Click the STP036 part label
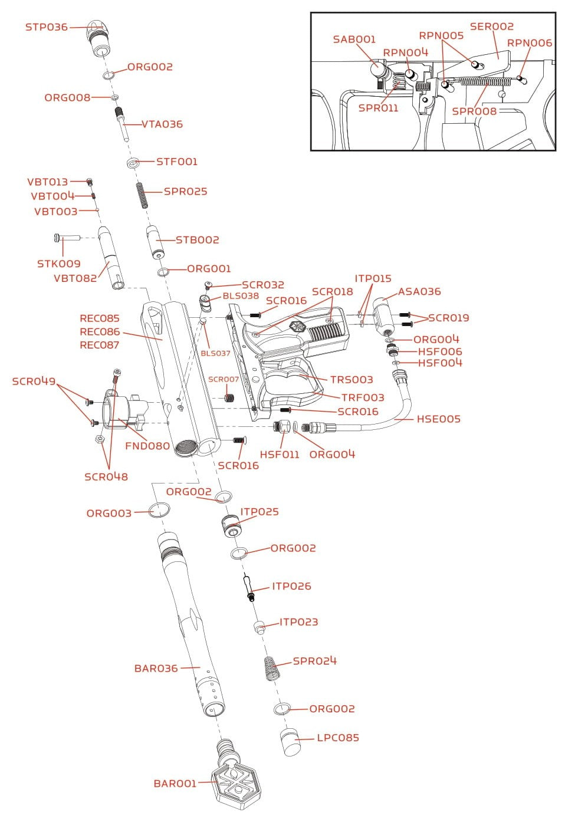click(46, 27)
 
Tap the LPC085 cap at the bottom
click(290, 742)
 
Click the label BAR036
click(156, 669)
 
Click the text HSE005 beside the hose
click(438, 419)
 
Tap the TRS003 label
click(352, 380)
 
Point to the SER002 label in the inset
click(491, 27)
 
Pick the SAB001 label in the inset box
click(354, 40)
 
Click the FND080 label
click(147, 446)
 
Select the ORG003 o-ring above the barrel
click(159, 510)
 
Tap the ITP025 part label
click(259, 512)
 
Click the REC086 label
click(100, 332)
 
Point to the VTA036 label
click(162, 124)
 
